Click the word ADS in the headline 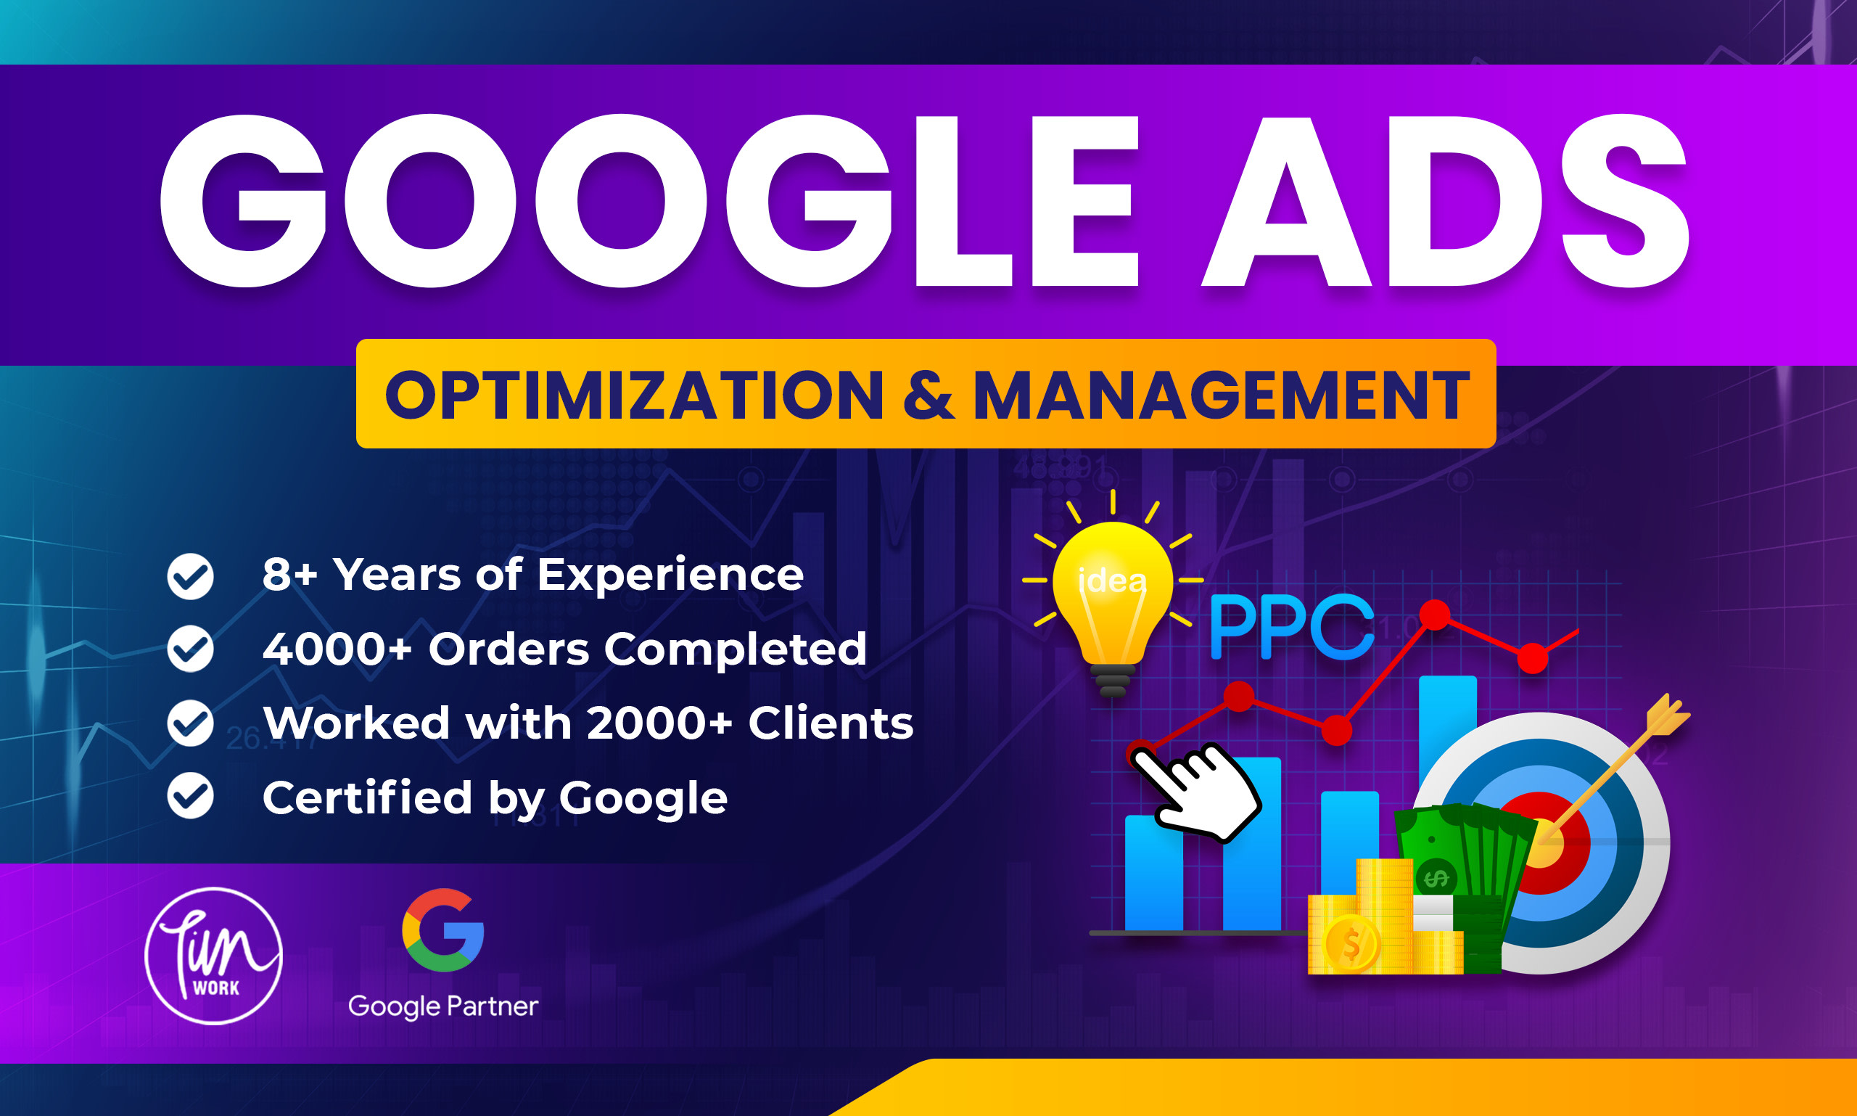click(x=1444, y=202)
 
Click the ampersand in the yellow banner click(x=928, y=395)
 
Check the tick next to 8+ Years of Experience click(x=190, y=576)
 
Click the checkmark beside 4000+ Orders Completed click(x=190, y=649)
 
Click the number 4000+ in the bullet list click(x=337, y=649)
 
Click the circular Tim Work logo click(x=213, y=956)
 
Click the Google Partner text click(x=442, y=1006)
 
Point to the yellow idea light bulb click(x=1112, y=594)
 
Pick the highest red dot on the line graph click(x=1435, y=615)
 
